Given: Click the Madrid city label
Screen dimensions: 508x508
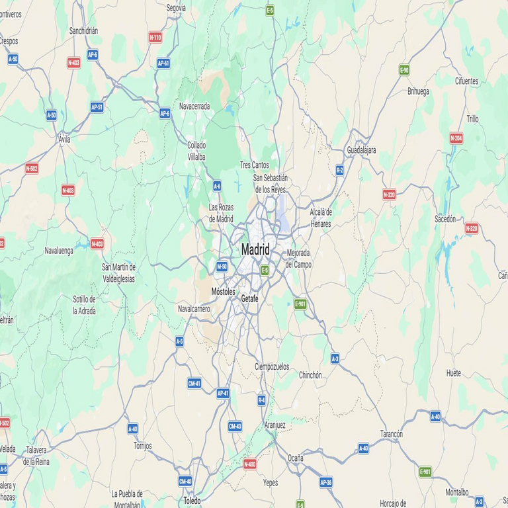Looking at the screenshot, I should pyautogui.click(x=255, y=250).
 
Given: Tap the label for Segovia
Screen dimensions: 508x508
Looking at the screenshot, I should pyautogui.click(x=177, y=9).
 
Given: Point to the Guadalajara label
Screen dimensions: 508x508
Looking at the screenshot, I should pyautogui.click(x=361, y=150).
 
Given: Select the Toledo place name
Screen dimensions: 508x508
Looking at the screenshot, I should pyautogui.click(x=192, y=501).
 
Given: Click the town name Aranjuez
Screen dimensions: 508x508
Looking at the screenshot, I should pyautogui.click(x=275, y=425).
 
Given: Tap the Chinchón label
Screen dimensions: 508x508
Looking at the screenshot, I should pyautogui.click(x=310, y=375).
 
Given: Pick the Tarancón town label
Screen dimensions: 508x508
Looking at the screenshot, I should pyautogui.click(x=391, y=434).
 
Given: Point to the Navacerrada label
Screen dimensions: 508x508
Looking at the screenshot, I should pyautogui.click(x=194, y=106).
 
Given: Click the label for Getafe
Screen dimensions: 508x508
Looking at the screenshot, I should pyautogui.click(x=249, y=299).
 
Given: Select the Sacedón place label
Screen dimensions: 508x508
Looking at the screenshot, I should pyautogui.click(x=445, y=218).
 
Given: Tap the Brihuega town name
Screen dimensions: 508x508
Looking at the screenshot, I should pyautogui.click(x=418, y=91).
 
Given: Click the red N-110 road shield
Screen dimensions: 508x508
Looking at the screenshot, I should pyautogui.click(x=155, y=38).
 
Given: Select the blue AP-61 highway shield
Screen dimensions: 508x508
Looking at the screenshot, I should pyautogui.click(x=163, y=63).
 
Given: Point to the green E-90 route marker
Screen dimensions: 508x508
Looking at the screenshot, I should pyautogui.click(x=404, y=69).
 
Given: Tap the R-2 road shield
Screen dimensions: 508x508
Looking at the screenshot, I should pyautogui.click(x=339, y=170).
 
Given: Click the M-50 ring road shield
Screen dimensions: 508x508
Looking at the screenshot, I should pyautogui.click(x=222, y=267).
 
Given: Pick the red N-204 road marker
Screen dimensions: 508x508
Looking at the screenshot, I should pyautogui.click(x=456, y=138).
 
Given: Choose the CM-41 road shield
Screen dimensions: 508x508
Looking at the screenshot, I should pyautogui.click(x=194, y=384).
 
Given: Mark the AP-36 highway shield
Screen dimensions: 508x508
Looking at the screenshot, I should pyautogui.click(x=325, y=483).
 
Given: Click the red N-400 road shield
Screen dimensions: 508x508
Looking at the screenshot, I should pyautogui.click(x=249, y=464).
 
